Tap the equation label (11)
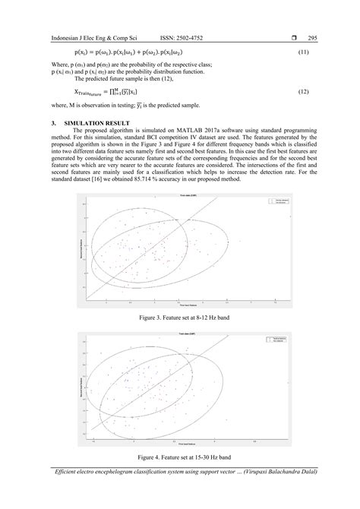(302, 52)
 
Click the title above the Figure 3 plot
(179, 196)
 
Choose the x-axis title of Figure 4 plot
(179, 443)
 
